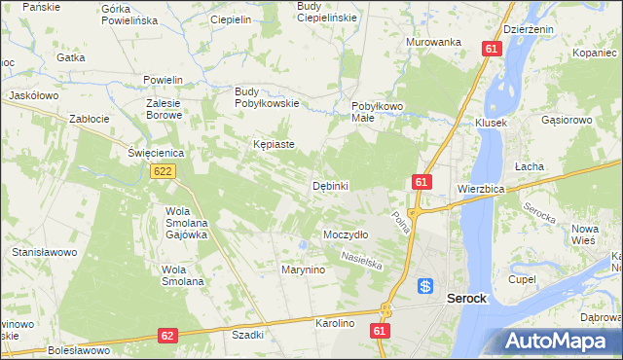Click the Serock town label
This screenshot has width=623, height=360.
pyautogui.click(x=466, y=299)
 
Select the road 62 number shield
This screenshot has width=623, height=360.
pyautogui.click(x=166, y=336)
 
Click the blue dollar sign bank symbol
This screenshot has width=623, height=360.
pyautogui.click(x=425, y=286)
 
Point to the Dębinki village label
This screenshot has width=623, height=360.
pyautogui.click(x=330, y=185)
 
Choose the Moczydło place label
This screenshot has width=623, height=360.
pyautogui.click(x=345, y=234)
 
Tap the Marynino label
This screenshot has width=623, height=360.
pyautogui.click(x=303, y=270)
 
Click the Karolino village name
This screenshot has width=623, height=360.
pyautogui.click(x=335, y=321)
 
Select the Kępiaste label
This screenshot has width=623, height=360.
pyautogui.click(x=274, y=144)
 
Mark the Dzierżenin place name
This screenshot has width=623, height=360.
pyautogui.click(x=531, y=29)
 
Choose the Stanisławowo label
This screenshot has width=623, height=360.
pyautogui.click(x=44, y=252)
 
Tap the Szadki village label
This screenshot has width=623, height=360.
pyautogui.click(x=248, y=334)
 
